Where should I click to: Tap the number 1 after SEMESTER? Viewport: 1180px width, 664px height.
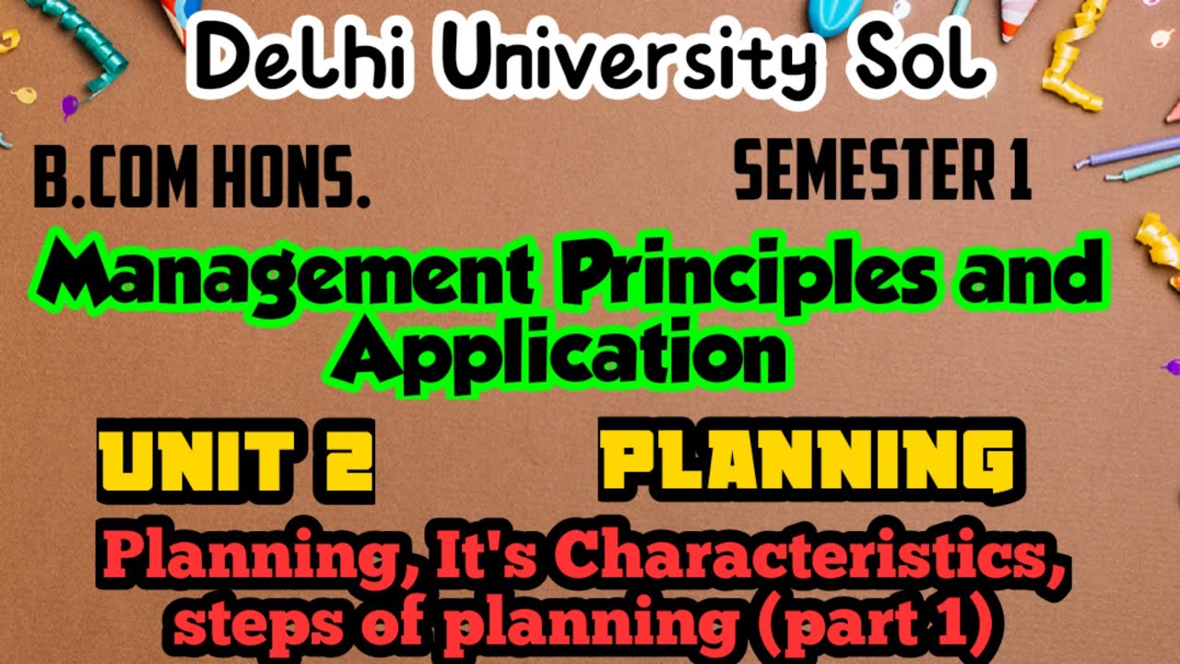coord(1018,173)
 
